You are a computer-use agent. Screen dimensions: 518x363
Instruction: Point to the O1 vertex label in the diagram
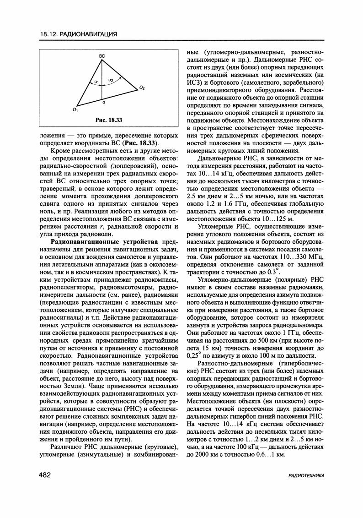click(x=75, y=110)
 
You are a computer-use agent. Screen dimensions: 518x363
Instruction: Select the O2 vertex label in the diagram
click(x=142, y=87)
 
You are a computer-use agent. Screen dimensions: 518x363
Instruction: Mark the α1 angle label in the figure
click(x=96, y=82)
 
